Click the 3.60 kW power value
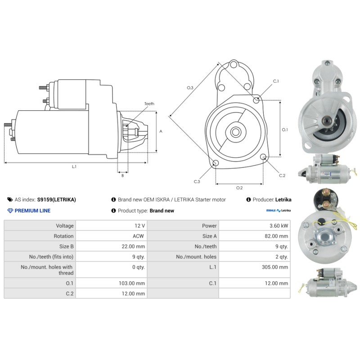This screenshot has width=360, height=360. [x=279, y=226]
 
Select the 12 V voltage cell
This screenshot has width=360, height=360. [x=139, y=226]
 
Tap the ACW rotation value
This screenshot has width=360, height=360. [x=138, y=236]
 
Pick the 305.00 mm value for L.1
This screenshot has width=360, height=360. [x=275, y=267]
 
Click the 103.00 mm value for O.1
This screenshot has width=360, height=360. [x=132, y=283]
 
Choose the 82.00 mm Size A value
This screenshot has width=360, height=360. [x=276, y=236]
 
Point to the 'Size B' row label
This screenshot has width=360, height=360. [x=66, y=246]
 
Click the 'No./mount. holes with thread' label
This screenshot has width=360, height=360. [x=47, y=270]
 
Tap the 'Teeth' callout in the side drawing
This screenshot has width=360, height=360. [x=149, y=104]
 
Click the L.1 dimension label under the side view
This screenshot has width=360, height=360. [x=74, y=166]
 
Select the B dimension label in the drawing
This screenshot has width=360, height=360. [x=122, y=175]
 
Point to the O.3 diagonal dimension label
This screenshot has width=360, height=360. [x=190, y=88]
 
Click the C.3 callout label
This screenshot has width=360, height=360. [x=197, y=182]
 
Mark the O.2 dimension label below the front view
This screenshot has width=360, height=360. [x=239, y=188]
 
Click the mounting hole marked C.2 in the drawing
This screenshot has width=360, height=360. [x=263, y=157]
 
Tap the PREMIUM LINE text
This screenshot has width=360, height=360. [x=32, y=211]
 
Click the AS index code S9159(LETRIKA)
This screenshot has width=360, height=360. [x=57, y=199]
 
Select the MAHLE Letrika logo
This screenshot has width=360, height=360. [x=278, y=210]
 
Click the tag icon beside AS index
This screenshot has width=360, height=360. [x=10, y=199]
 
